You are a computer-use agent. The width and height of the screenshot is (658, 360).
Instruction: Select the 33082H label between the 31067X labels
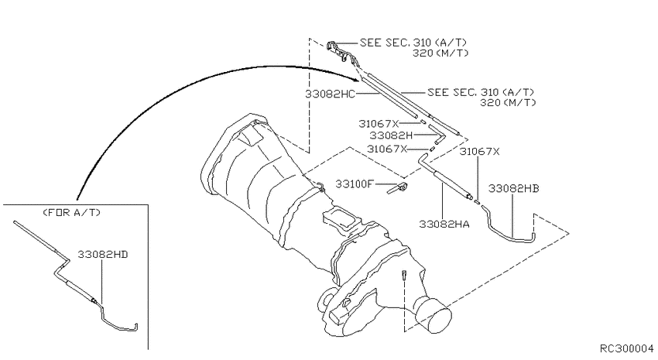(x=391, y=135)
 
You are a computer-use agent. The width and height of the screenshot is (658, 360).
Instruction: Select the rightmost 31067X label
(x=480, y=153)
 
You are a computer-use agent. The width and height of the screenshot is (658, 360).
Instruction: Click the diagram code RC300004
(x=626, y=349)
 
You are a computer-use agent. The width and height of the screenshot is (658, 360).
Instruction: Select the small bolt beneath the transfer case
(x=404, y=276)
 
